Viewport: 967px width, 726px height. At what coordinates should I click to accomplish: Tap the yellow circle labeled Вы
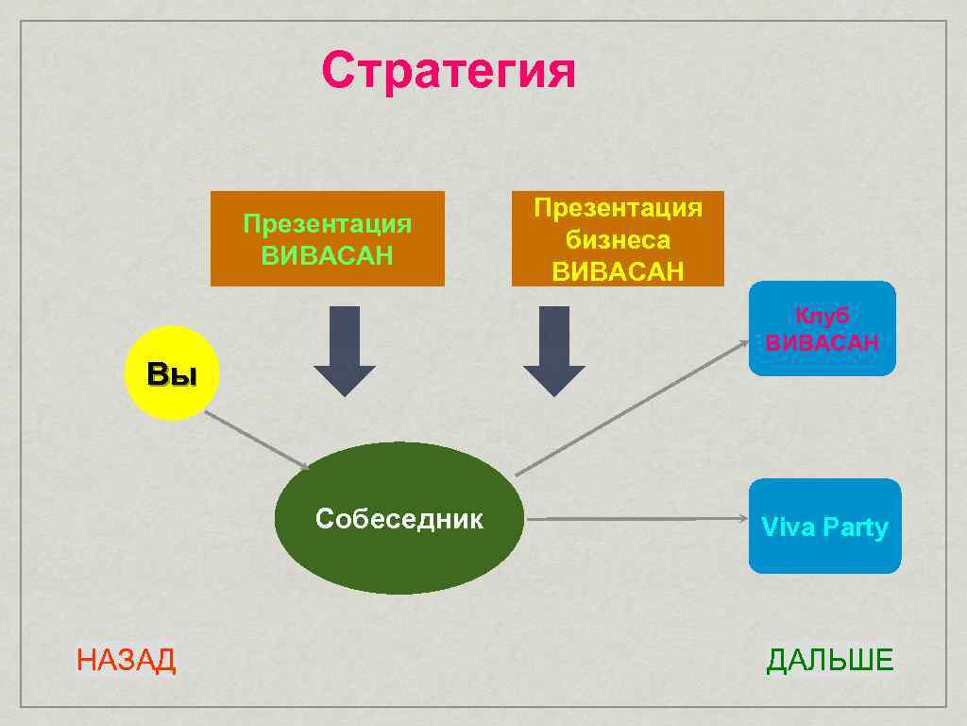(172, 372)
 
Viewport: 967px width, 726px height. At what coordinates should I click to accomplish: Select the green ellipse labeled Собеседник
(399, 518)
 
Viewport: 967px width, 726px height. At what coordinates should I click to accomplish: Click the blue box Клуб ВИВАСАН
(822, 328)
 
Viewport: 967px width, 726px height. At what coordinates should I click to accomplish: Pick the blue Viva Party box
(824, 526)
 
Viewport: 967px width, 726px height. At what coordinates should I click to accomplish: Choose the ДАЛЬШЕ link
(829, 660)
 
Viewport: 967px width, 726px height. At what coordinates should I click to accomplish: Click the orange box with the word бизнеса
(618, 239)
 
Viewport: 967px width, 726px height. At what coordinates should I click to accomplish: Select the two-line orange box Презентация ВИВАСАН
(327, 239)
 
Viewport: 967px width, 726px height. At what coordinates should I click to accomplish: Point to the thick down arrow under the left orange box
(345, 350)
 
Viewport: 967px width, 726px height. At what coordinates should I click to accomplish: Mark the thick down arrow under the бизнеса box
(554, 350)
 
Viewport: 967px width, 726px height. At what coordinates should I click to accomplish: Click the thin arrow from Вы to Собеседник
(257, 441)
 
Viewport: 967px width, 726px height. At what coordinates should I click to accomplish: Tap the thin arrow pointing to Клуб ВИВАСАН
(633, 407)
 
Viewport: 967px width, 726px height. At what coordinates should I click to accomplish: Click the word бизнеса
(618, 240)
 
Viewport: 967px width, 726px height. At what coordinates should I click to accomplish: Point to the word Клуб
(822, 316)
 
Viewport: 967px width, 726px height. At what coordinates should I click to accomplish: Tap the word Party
(855, 527)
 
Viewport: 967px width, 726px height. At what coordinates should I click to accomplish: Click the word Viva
(788, 527)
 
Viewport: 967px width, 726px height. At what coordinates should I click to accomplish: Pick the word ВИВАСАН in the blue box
(822, 342)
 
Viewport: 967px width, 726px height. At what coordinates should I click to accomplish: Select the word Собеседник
(399, 518)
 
